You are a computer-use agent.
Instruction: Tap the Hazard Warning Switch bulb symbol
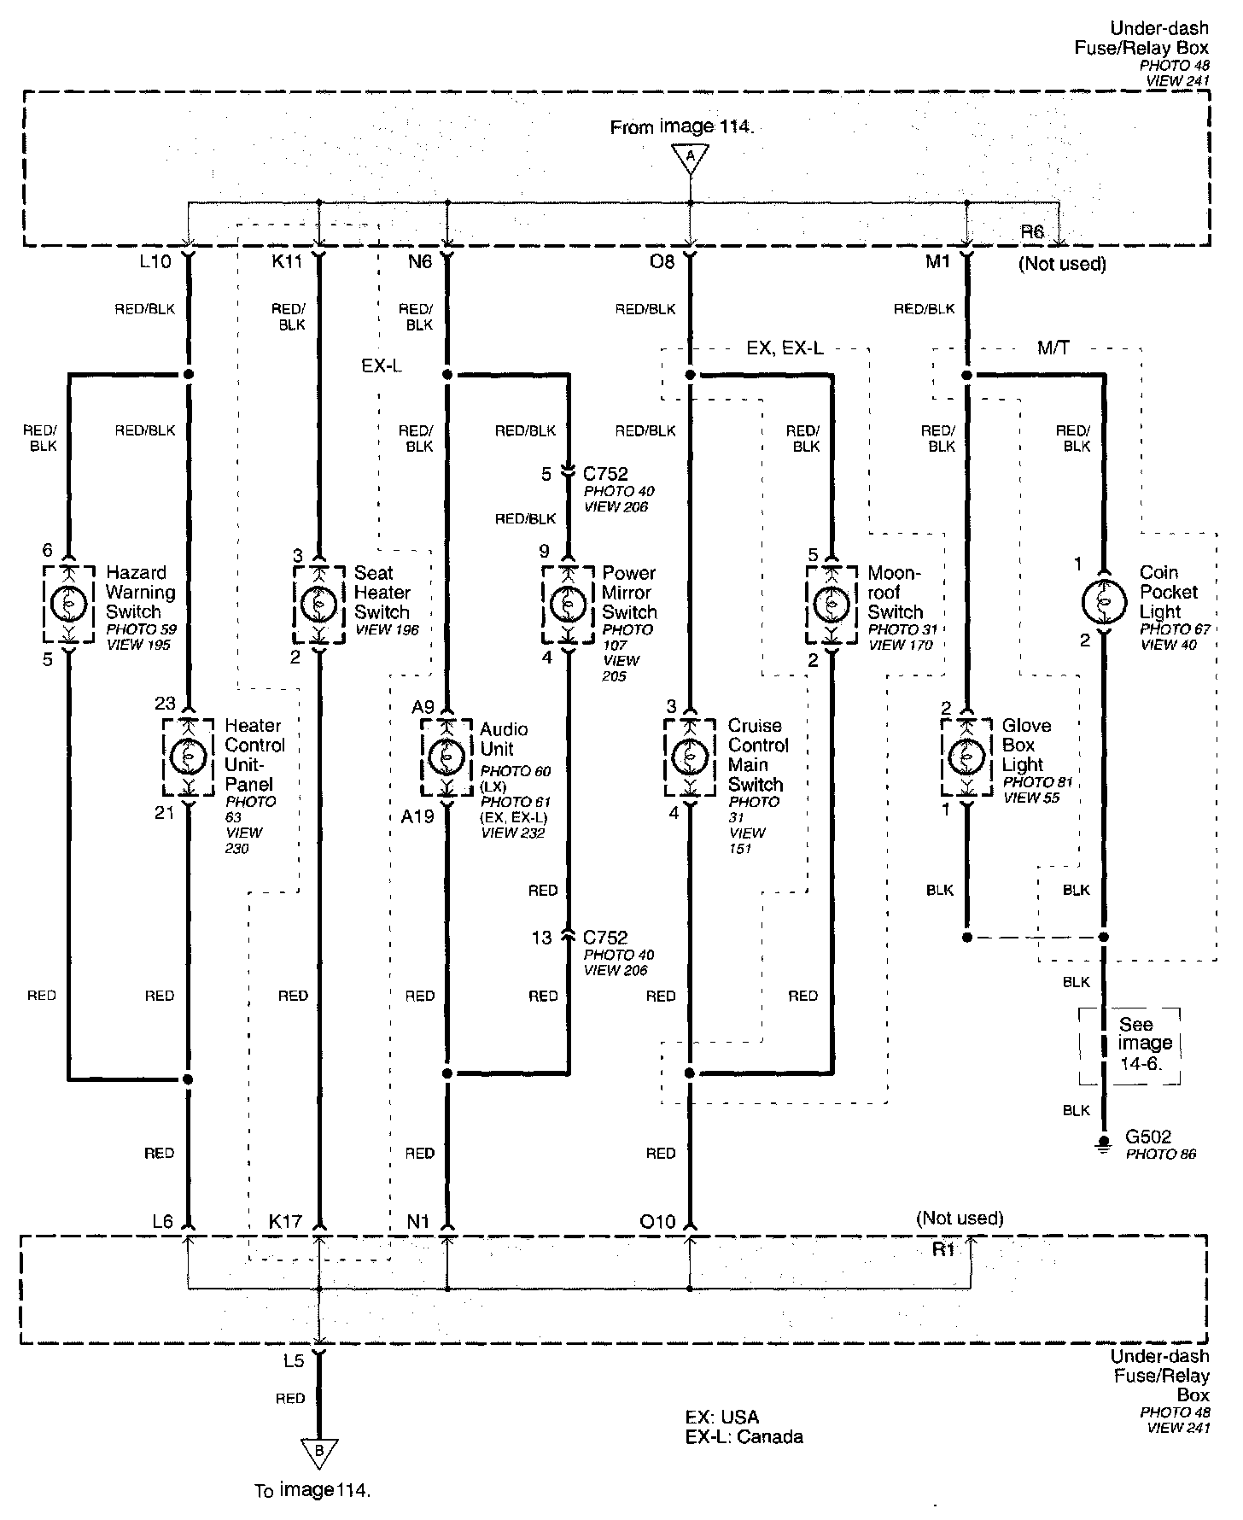coord(68,604)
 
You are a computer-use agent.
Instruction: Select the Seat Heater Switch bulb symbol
coord(319,604)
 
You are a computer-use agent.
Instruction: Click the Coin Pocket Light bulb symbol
coord(1103,602)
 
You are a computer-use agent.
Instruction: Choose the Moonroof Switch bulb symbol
coord(831,604)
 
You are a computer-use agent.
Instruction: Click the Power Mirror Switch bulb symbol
coord(567,604)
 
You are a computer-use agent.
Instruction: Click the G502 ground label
coord(1148,1137)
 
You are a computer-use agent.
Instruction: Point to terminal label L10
coord(155,262)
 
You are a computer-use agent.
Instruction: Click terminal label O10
coord(657,1222)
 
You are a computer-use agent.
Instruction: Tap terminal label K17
coord(285,1222)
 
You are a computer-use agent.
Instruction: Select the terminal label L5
coord(293,1361)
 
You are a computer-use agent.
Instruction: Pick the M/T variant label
coord(1053,348)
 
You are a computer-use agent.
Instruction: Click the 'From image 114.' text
coord(682,127)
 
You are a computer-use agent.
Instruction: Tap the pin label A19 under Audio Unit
coord(417,816)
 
